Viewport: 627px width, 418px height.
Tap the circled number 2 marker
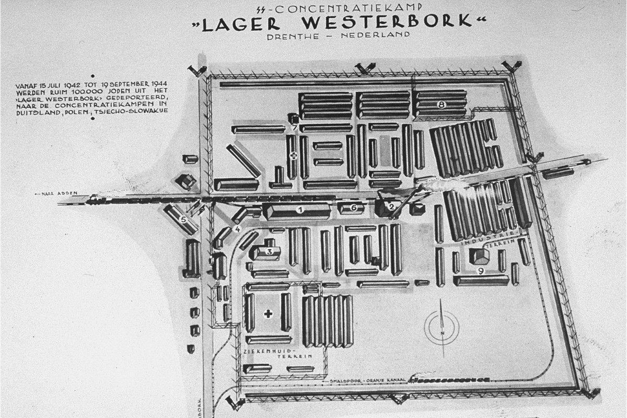point(391,207)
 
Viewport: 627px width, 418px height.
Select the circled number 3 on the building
point(270,251)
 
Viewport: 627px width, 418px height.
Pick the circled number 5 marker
point(183,219)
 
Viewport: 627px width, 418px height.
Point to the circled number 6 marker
point(354,208)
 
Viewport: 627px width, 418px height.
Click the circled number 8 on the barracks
point(442,104)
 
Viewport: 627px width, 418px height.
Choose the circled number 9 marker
point(481,271)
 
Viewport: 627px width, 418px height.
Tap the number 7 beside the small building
point(294,127)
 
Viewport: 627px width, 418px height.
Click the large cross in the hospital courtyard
point(269,313)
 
